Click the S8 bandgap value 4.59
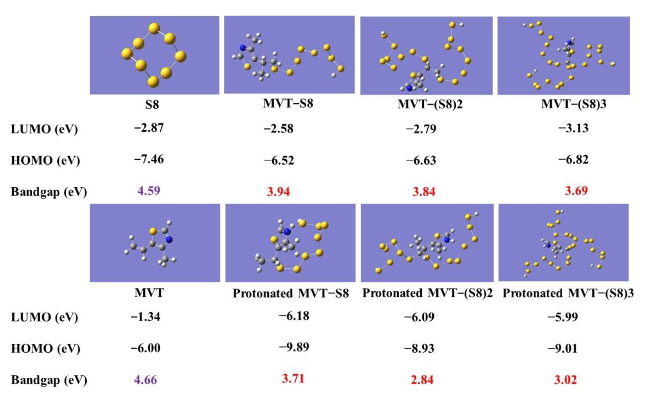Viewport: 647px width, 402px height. (x=149, y=191)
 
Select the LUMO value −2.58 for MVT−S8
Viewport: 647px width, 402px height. (x=279, y=129)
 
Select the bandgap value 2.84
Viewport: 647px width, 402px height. (x=422, y=380)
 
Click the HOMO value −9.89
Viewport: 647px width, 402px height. (x=294, y=347)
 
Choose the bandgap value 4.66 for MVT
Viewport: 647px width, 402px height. (x=146, y=380)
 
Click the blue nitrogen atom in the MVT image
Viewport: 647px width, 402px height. (x=169, y=240)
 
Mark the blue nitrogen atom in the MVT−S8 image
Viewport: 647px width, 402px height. (x=242, y=48)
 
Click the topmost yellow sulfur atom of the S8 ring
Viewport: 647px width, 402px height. (x=154, y=28)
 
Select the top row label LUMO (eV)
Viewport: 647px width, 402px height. (x=44, y=129)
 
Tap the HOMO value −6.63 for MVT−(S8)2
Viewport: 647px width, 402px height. (x=421, y=161)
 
